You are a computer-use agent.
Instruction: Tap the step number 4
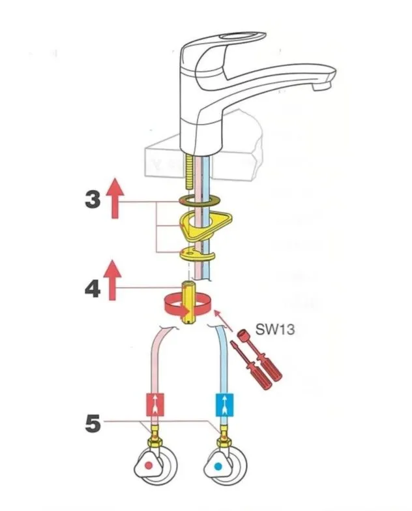[93, 288]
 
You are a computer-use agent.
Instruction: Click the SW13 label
[277, 330]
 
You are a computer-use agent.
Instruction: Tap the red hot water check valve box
[156, 405]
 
